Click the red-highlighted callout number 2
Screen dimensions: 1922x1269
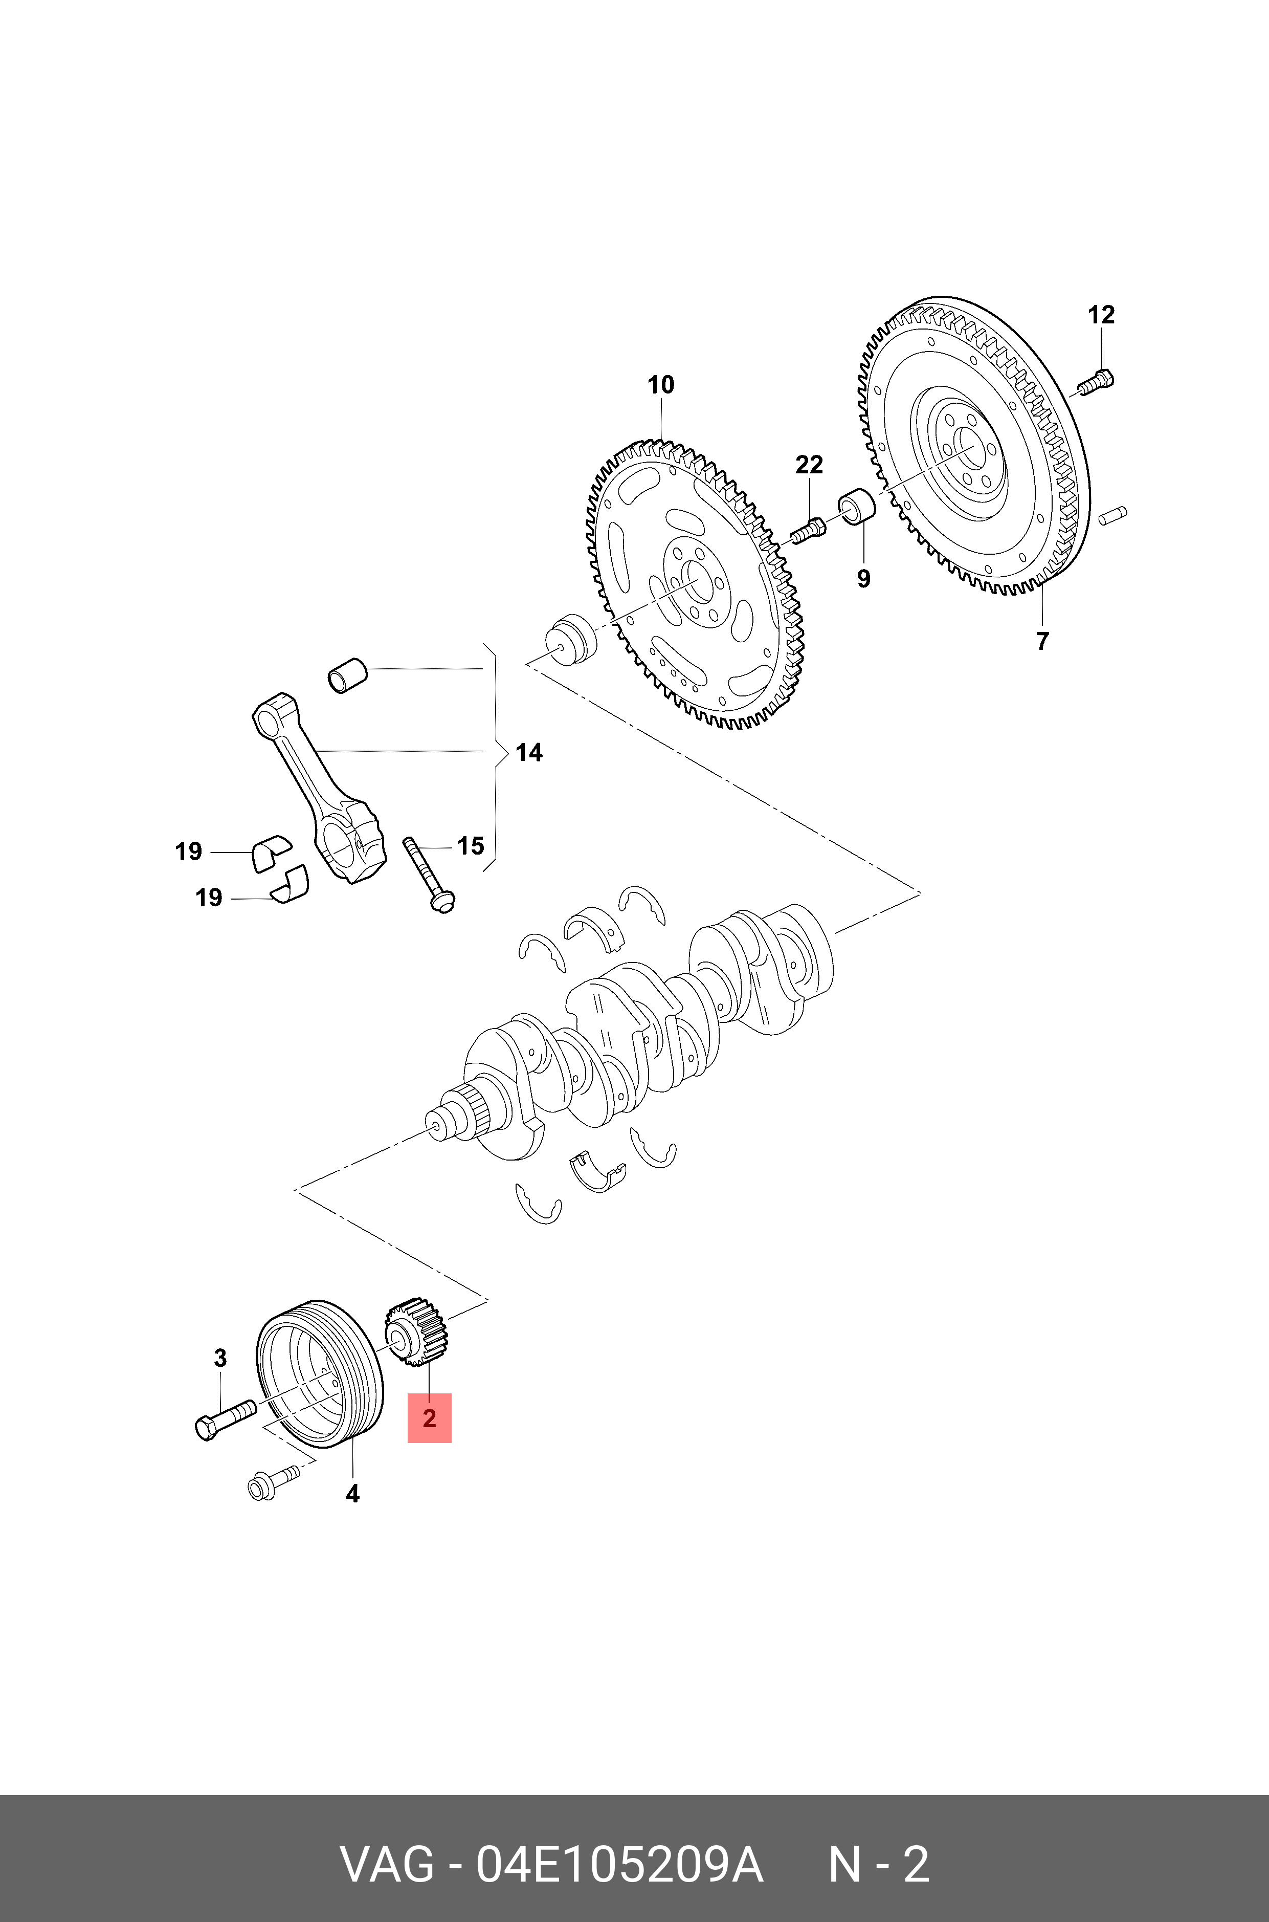click(x=429, y=1417)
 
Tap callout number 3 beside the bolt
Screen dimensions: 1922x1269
click(x=220, y=1358)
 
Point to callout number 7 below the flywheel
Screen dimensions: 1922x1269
click(x=1042, y=640)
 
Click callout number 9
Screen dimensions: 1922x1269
click(x=863, y=578)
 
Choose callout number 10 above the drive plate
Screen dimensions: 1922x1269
click(x=660, y=385)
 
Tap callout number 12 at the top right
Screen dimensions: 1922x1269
click(x=1101, y=314)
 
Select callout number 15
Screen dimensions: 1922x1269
click(x=470, y=846)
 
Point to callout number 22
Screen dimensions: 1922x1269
click(x=809, y=465)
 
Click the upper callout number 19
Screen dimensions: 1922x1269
click(x=189, y=851)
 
